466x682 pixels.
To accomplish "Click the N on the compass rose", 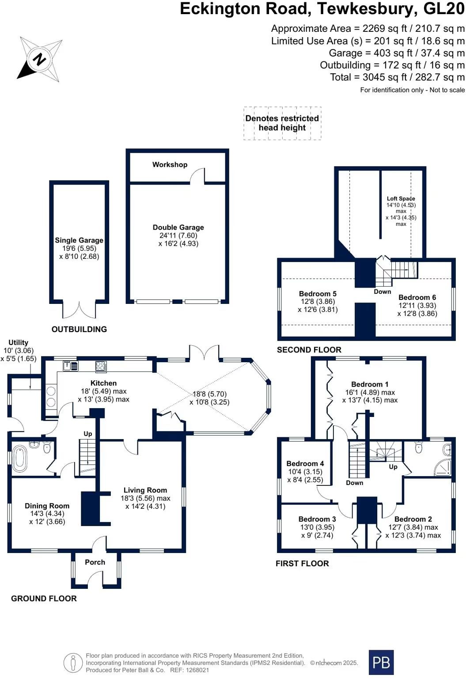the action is [x=39, y=59].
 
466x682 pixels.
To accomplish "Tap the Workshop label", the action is [x=170, y=165].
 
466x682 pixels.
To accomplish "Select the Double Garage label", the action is [x=178, y=227].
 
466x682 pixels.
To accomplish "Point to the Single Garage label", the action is [x=79, y=240].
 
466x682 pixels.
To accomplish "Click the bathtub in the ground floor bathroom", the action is [x=20, y=456].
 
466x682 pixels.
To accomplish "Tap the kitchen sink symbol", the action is [x=70, y=365].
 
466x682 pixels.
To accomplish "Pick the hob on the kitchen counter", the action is [x=101, y=366].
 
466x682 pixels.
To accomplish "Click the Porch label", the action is [x=95, y=562].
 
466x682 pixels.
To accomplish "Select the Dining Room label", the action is [x=47, y=506].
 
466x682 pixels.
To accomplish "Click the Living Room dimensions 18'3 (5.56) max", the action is [x=145, y=498].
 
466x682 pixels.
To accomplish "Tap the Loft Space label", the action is [x=401, y=198].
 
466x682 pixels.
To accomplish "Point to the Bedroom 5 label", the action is [x=318, y=294].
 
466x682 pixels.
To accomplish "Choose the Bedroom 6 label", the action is [x=417, y=297].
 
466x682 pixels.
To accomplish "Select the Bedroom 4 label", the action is [x=305, y=464].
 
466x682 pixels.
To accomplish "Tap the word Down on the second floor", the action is [x=382, y=292].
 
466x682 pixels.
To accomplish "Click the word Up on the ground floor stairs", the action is [x=87, y=434].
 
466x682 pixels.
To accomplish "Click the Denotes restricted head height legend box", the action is [x=282, y=123].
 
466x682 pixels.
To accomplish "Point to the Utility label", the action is [x=18, y=342].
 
